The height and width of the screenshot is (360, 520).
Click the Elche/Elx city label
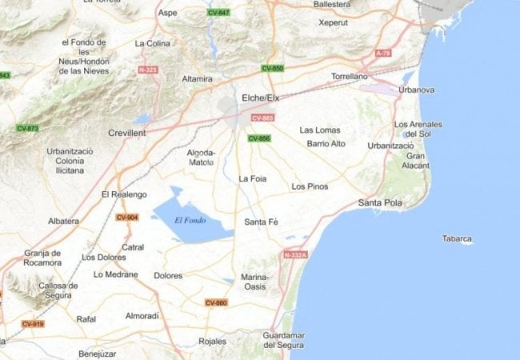point(260,98)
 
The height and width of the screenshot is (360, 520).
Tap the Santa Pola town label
point(380,202)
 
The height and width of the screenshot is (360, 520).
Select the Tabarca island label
point(457,238)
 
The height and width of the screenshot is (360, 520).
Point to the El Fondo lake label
point(190,220)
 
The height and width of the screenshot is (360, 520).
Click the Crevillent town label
point(126,133)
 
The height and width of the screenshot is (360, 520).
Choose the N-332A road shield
point(295,254)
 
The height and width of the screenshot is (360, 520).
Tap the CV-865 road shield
point(262,118)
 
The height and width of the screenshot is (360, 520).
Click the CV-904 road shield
point(126,218)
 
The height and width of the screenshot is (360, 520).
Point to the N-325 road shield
point(148,70)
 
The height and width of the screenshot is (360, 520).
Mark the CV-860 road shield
point(216,302)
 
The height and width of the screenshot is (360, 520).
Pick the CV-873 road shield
point(27,128)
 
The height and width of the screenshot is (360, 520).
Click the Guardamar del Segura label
point(284,340)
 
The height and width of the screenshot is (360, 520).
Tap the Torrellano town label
point(350,77)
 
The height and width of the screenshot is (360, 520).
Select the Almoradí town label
point(142,316)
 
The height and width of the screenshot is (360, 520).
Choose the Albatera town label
point(63,221)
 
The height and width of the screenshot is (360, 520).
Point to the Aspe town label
point(168,13)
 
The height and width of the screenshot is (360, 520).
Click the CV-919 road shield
point(33,324)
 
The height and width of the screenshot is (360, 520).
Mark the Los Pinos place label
point(310,186)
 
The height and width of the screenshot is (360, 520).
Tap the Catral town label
point(133,247)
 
